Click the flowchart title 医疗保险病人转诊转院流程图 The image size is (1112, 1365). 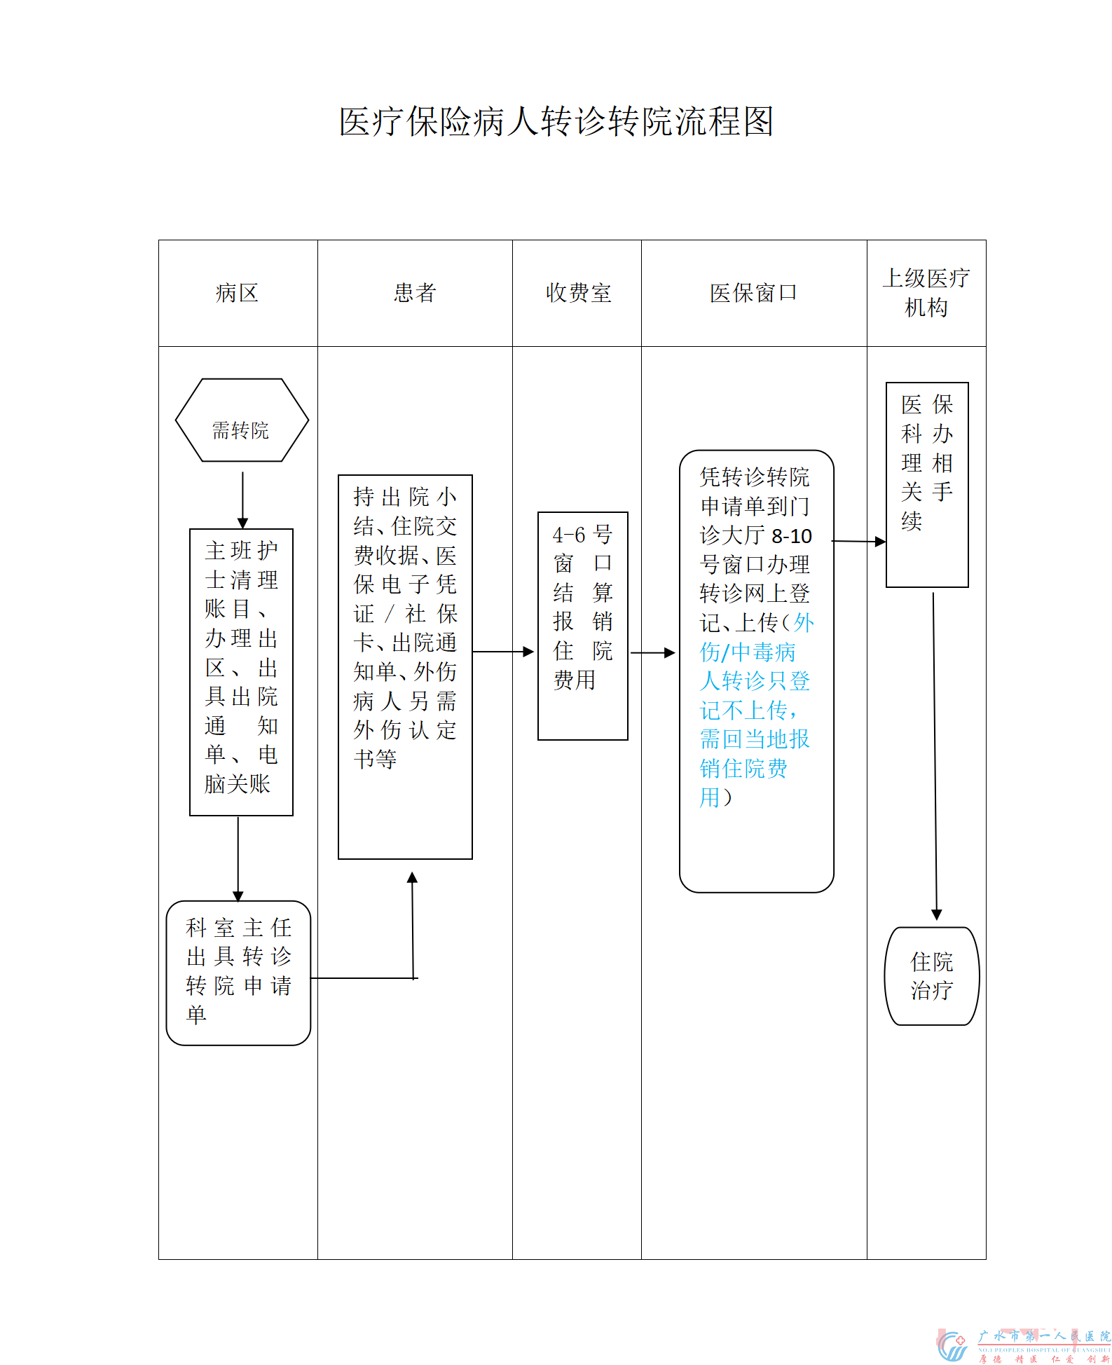tap(556, 122)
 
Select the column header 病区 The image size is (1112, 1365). tap(238, 293)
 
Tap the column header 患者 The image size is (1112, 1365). tap(415, 293)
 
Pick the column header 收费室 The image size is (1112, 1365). tap(578, 293)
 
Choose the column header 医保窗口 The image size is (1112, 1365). tap(753, 293)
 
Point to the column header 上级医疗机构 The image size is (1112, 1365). tap(926, 293)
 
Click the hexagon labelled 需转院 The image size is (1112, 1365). tap(242, 420)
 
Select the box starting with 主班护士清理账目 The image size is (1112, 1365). tap(241, 671)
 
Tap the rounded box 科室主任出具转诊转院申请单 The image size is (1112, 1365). tap(238, 973)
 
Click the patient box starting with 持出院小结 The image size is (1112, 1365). tap(405, 666)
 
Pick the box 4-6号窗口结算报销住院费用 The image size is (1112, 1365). tap(582, 625)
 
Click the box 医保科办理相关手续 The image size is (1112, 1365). tap(926, 484)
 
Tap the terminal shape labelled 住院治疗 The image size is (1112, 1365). tap(931, 975)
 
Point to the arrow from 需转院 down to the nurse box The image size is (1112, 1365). tap(242, 499)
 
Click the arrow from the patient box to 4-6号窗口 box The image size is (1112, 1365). tap(503, 652)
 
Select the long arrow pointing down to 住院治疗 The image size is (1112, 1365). tap(935, 757)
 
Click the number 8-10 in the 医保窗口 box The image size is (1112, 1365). tap(792, 536)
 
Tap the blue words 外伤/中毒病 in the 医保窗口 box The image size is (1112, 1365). tap(748, 652)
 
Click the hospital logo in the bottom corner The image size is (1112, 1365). tap(953, 1345)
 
